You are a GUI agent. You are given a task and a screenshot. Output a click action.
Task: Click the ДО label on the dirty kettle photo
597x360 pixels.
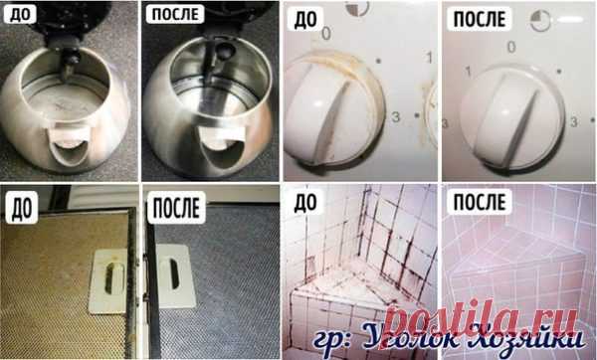pos(21,15)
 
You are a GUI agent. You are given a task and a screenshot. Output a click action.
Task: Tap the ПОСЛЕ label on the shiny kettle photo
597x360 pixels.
pos(175,15)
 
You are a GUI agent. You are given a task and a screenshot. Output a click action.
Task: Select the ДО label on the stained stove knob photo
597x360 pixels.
pos(304,20)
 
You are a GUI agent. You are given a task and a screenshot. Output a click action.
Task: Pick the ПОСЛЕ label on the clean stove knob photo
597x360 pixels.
pos(480,20)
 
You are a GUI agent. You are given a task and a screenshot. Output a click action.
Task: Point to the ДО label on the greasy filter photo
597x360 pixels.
pos(21,208)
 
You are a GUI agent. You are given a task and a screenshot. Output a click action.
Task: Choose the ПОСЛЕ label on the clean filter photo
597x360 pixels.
pos(176,208)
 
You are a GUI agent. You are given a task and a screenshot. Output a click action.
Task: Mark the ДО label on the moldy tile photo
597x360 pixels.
pos(305,203)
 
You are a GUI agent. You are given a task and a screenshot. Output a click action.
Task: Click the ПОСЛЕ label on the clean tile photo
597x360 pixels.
pos(480,202)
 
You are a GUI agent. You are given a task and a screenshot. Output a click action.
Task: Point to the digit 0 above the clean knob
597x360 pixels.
pos(511,47)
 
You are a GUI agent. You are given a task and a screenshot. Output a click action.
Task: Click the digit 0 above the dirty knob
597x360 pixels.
pos(326,34)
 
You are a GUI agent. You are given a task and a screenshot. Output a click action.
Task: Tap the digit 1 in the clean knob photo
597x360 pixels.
pos(469,72)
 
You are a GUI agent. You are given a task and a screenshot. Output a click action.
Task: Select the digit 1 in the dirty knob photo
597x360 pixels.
pos(430,58)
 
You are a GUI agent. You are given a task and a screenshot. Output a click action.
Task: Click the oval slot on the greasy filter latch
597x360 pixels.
pos(109,277)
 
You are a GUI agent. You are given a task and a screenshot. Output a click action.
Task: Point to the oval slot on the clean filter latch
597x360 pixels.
pos(173,273)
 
